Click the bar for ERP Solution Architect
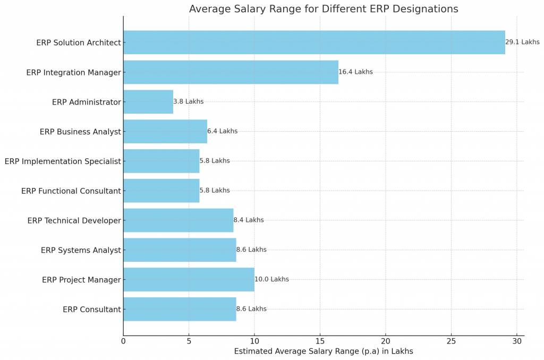coord(314,42)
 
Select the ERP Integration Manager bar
coord(231,72)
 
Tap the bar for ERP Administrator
coord(148,102)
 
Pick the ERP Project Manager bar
coord(189,279)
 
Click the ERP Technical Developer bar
coord(178,220)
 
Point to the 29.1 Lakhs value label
coord(522,42)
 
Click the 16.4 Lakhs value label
coord(355,72)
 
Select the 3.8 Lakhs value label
coord(188,102)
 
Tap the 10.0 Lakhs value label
coord(271,279)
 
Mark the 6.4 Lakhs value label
coord(222,131)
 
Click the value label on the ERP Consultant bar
coord(251,309)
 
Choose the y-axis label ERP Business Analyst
coord(80,132)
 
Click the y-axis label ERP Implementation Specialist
coord(63,161)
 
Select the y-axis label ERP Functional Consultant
coord(71,191)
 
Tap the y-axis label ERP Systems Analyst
coord(81,250)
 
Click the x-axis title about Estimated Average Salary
coord(323,352)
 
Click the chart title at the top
coord(323,9)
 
